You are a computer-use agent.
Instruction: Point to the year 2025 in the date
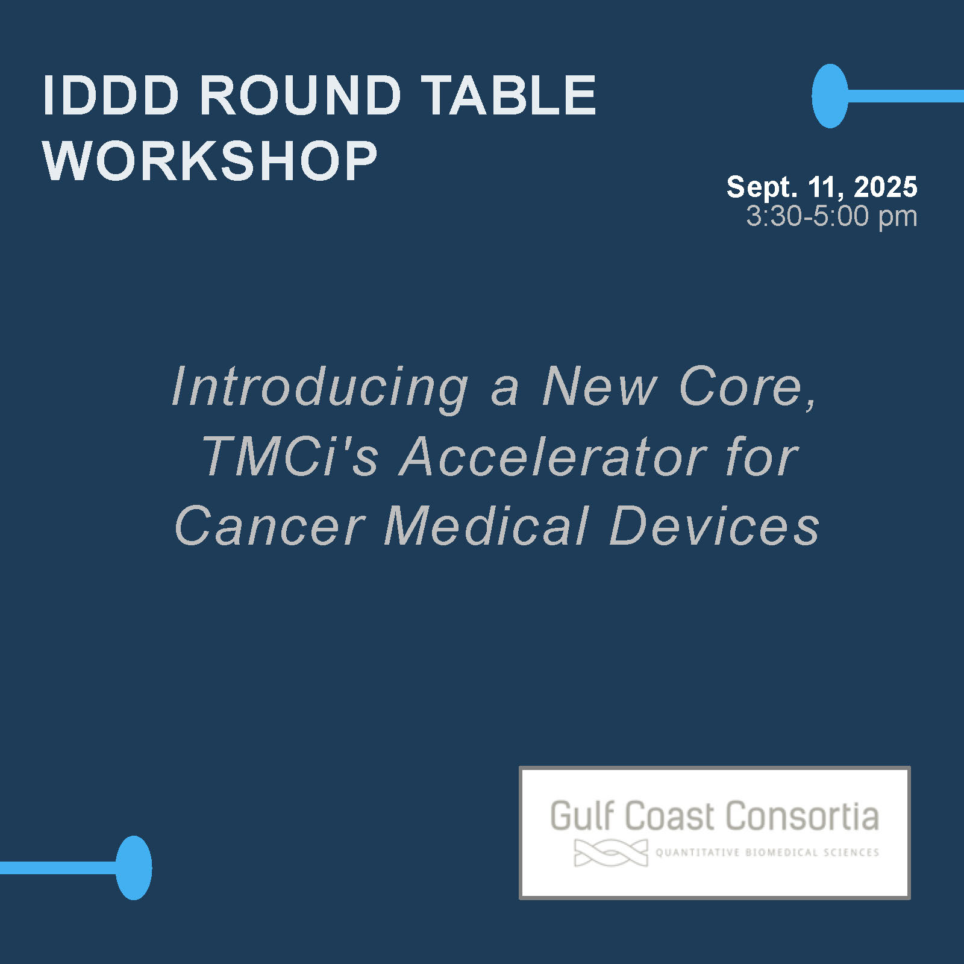point(886,187)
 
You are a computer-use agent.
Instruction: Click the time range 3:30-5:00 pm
point(832,216)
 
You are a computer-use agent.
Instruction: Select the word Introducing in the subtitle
point(320,389)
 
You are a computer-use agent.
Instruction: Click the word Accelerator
point(553,457)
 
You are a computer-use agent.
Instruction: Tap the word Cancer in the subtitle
point(270,525)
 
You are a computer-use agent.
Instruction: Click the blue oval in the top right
point(830,96)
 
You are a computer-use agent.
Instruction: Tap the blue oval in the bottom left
point(134,868)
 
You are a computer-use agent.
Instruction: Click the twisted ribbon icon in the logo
point(611,853)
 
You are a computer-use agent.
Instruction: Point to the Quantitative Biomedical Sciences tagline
point(767,853)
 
